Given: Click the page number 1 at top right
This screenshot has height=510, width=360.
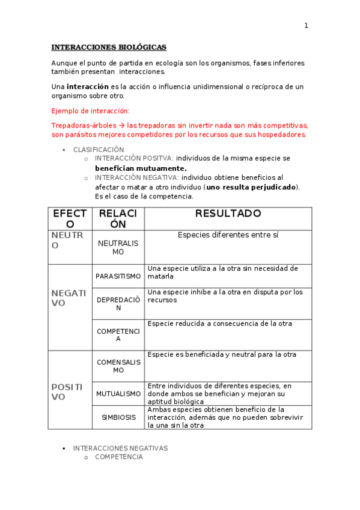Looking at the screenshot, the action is (x=306, y=25).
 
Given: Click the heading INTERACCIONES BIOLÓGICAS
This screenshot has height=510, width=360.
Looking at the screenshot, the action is (x=109, y=47).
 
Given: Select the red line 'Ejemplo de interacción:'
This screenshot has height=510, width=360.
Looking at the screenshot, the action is (x=90, y=111).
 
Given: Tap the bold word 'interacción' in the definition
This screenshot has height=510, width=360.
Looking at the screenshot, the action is (x=88, y=87).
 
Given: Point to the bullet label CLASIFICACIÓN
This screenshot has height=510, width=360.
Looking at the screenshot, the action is (x=99, y=149).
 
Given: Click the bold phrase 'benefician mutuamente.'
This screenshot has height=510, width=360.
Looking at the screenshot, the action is (x=141, y=168).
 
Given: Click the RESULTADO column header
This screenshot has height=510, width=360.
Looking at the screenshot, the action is (x=228, y=214).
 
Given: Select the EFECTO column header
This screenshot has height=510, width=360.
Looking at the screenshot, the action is (x=70, y=219).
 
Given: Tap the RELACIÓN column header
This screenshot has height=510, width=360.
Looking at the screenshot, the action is (x=118, y=219).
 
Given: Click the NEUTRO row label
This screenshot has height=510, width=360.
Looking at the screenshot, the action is (x=67, y=240).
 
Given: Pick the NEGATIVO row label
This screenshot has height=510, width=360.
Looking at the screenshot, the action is (x=69, y=298).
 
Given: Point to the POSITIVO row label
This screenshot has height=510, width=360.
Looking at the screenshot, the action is (x=67, y=392).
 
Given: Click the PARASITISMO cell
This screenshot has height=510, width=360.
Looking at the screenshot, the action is (x=118, y=276).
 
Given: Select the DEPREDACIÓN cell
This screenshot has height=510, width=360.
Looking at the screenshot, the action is (x=118, y=304).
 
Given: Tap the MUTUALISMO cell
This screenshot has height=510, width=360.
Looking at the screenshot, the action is (x=118, y=394).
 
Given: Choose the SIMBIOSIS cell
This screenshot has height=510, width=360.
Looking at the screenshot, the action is (x=118, y=417).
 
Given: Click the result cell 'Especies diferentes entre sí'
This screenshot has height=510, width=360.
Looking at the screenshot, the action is (x=228, y=235).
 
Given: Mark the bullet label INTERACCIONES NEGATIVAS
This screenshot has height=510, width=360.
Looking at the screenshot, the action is (x=120, y=448).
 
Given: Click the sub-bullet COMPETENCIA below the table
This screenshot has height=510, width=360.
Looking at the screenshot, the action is (x=119, y=457).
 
